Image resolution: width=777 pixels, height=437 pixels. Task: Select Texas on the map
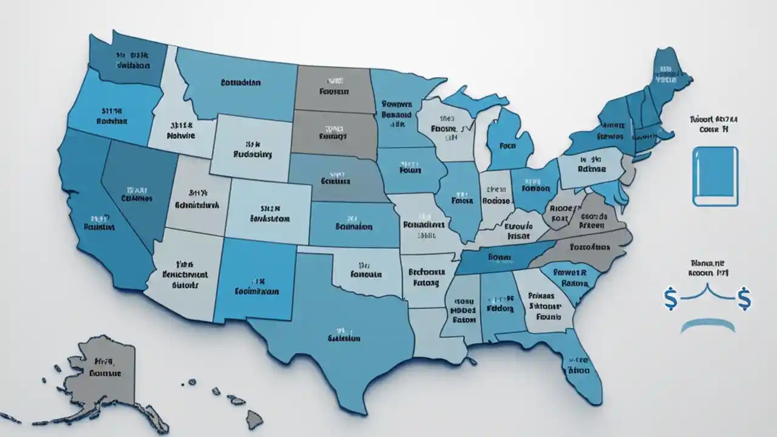tap(340, 328)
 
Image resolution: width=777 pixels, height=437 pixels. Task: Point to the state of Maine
tap(668, 76)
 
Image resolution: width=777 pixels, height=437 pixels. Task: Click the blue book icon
tap(715, 176)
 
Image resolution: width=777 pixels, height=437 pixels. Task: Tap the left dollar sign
tap(671, 299)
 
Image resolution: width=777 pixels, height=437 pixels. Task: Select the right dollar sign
tap(744, 299)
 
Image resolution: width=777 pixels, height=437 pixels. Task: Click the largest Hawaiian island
tap(253, 418)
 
